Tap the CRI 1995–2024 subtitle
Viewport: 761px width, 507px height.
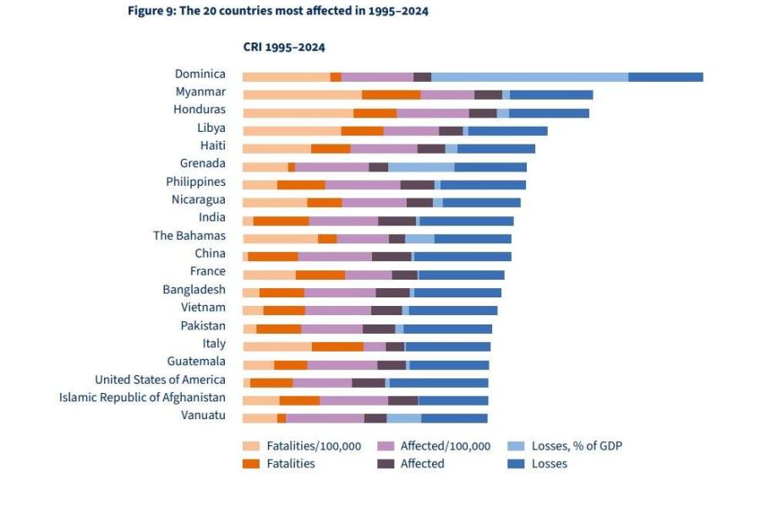[x=284, y=47]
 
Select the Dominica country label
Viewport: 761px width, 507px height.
[x=200, y=74]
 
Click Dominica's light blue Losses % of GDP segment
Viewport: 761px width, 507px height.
[x=529, y=77]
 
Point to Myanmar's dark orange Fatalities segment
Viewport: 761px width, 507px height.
[x=391, y=95]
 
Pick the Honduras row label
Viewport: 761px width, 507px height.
[x=199, y=110]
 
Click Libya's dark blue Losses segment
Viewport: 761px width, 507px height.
[x=507, y=131]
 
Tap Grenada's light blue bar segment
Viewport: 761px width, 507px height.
[x=421, y=166]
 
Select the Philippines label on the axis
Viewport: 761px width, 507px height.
[x=195, y=182]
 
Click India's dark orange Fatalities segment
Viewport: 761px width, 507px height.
[x=281, y=221]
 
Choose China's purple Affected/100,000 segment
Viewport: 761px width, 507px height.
[x=335, y=256]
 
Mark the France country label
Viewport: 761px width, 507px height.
[x=207, y=271]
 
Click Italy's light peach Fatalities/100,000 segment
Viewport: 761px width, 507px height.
[x=276, y=346]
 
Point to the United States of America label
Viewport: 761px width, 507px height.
[x=160, y=379]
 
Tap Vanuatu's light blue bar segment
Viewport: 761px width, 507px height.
[x=403, y=418]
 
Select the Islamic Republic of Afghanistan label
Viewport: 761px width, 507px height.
[x=142, y=397]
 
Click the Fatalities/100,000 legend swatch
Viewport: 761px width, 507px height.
[x=250, y=446]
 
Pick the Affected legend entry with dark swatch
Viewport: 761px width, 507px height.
[x=386, y=463]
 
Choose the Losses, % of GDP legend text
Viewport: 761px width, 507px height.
[x=577, y=446]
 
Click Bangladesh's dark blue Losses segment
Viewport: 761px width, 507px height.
[x=457, y=292]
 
